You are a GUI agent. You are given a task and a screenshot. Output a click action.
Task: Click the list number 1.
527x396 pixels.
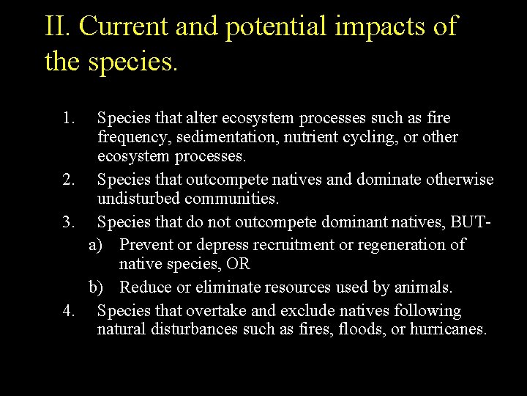(69, 118)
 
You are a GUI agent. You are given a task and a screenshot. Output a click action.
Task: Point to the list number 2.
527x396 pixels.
(69, 180)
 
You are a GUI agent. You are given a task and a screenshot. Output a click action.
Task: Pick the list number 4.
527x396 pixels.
(69, 311)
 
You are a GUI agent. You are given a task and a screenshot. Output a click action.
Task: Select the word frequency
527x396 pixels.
(129, 137)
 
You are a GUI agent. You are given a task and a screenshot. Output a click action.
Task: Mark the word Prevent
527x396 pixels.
(145, 244)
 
